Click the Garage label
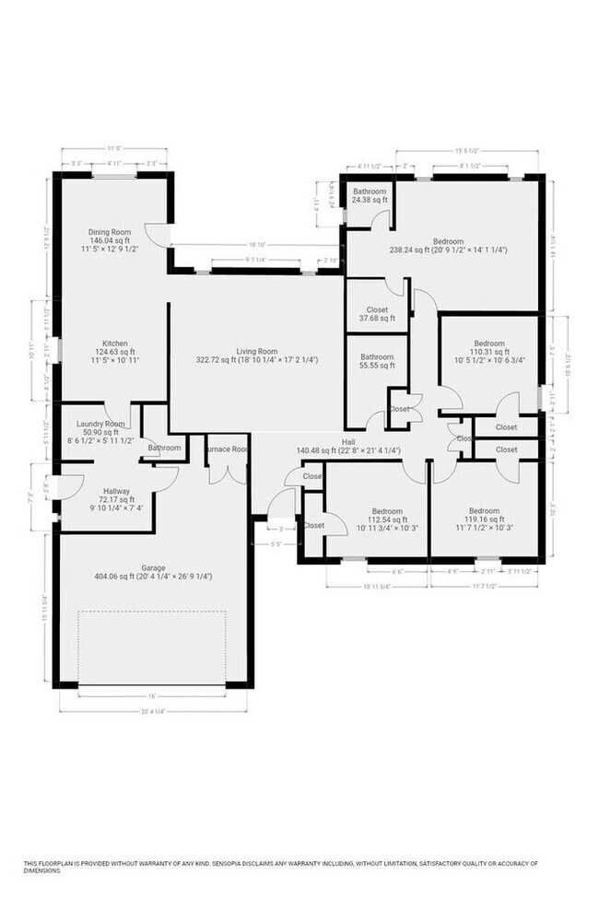tap(153, 567)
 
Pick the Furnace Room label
tap(227, 449)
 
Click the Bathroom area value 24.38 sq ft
tap(370, 200)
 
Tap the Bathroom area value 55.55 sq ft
tap(377, 366)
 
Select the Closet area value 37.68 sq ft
tap(377, 319)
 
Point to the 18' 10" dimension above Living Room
tap(256, 246)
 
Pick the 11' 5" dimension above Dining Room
tap(115, 147)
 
